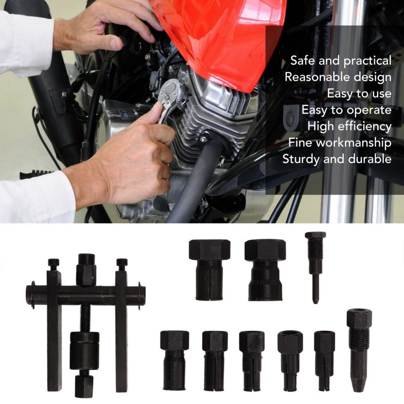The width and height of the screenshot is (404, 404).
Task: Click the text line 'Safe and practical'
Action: pos(341,61)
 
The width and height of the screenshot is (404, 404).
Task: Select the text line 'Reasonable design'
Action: pos(338,77)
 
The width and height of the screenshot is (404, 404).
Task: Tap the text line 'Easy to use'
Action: pos(359,93)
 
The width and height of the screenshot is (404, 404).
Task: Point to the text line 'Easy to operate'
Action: pos(346,110)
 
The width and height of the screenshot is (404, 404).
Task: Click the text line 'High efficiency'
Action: pos(349,126)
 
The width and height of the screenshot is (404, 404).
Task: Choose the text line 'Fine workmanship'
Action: pos(340,142)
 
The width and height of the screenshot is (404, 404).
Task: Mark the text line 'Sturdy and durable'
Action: pos(337,159)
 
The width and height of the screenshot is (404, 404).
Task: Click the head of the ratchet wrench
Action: pos(169,91)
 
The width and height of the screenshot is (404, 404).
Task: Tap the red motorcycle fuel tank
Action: pos(219,39)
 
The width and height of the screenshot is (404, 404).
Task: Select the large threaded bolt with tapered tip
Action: pos(359,350)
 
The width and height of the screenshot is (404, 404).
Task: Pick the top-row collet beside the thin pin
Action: pos(265,270)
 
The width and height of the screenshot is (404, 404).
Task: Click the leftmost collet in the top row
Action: pos(209,270)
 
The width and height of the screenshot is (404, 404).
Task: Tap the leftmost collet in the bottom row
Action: pos(174,360)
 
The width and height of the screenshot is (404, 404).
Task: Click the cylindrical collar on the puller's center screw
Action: pos(84,350)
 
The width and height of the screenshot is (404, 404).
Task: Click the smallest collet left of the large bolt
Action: pos(324,361)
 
